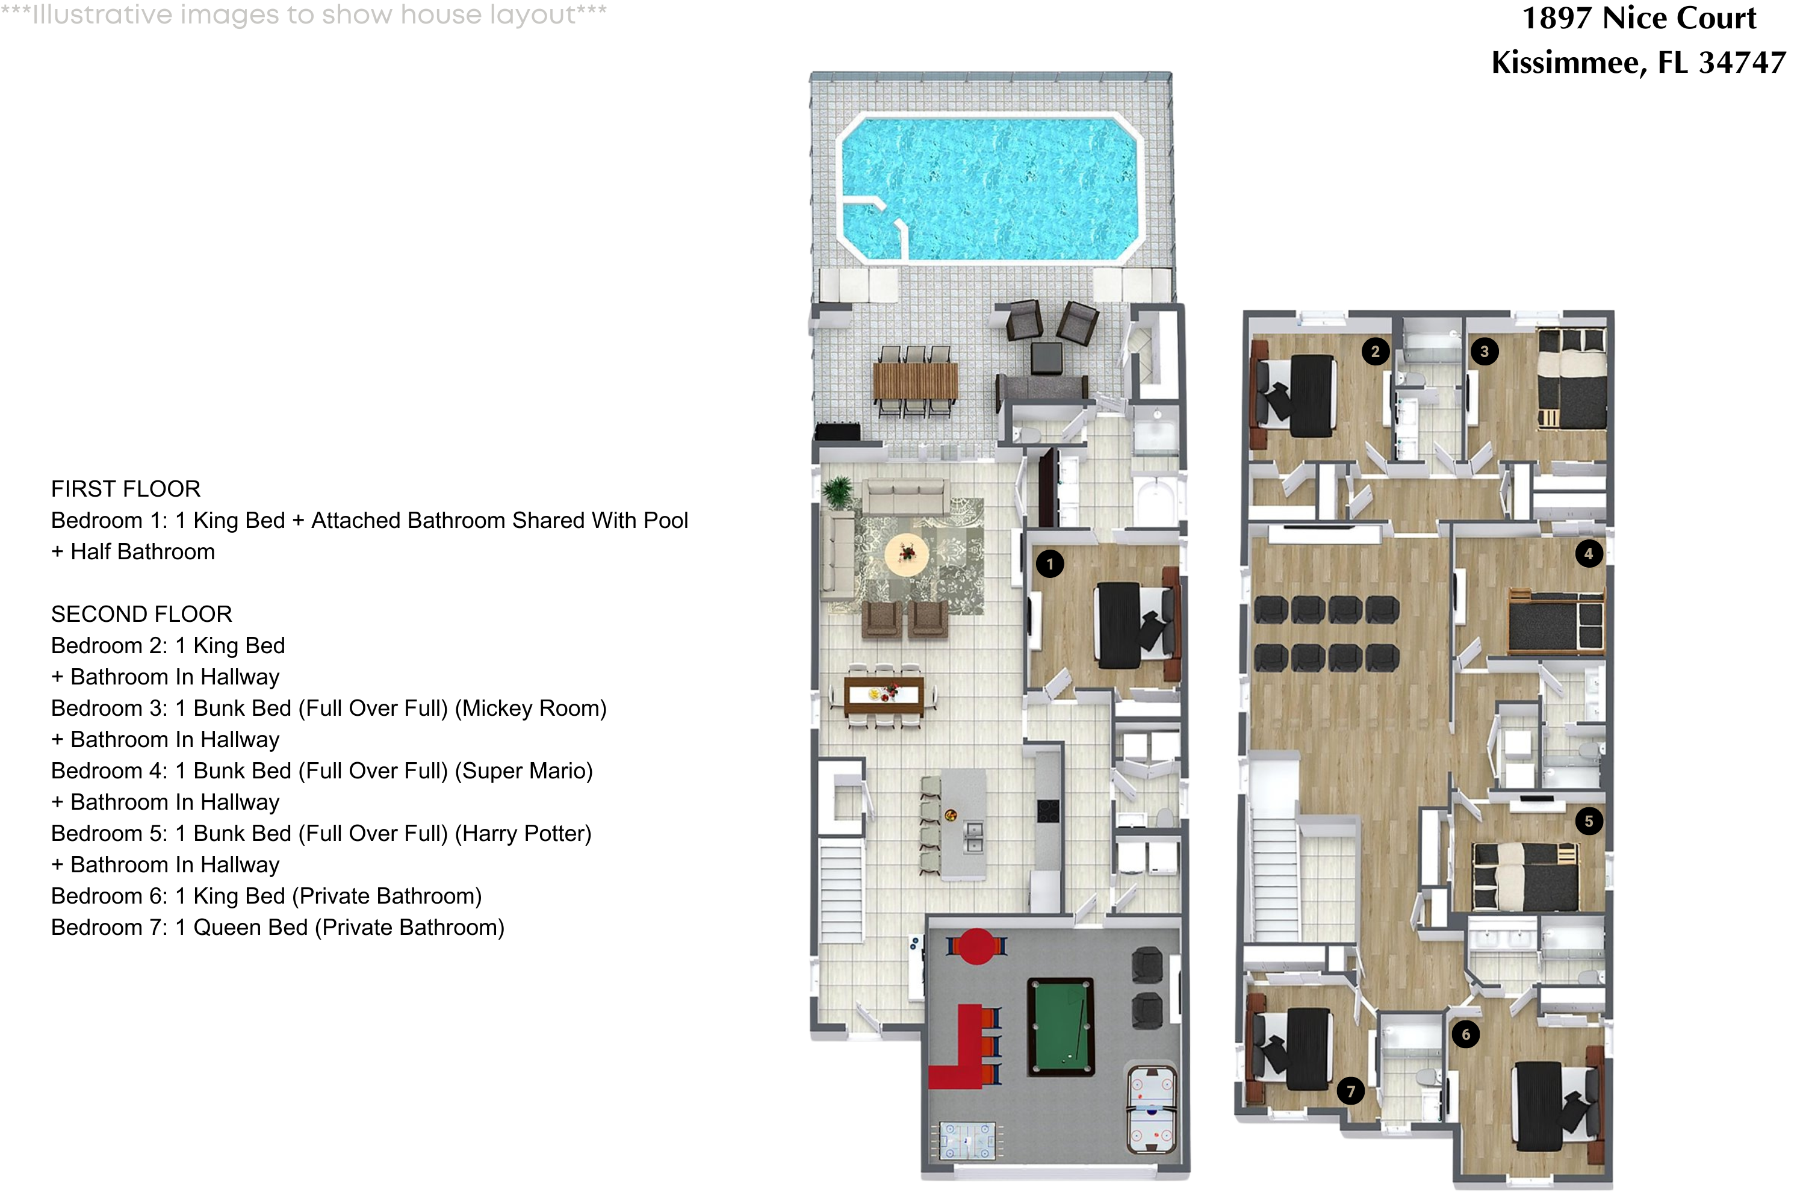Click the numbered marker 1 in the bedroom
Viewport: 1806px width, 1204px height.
(x=1050, y=565)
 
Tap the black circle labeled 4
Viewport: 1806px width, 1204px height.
(x=1588, y=554)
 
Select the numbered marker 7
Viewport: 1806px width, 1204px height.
(x=1350, y=1091)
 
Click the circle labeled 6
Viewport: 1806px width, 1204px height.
(x=1465, y=1034)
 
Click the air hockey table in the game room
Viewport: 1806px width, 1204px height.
(x=1151, y=1109)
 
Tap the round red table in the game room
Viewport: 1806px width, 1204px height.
(x=976, y=946)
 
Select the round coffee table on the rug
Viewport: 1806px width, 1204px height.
(x=907, y=554)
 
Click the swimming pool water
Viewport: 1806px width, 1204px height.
(x=990, y=188)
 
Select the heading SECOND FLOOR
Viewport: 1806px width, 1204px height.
(x=141, y=614)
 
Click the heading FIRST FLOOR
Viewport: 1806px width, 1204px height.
(x=126, y=489)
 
